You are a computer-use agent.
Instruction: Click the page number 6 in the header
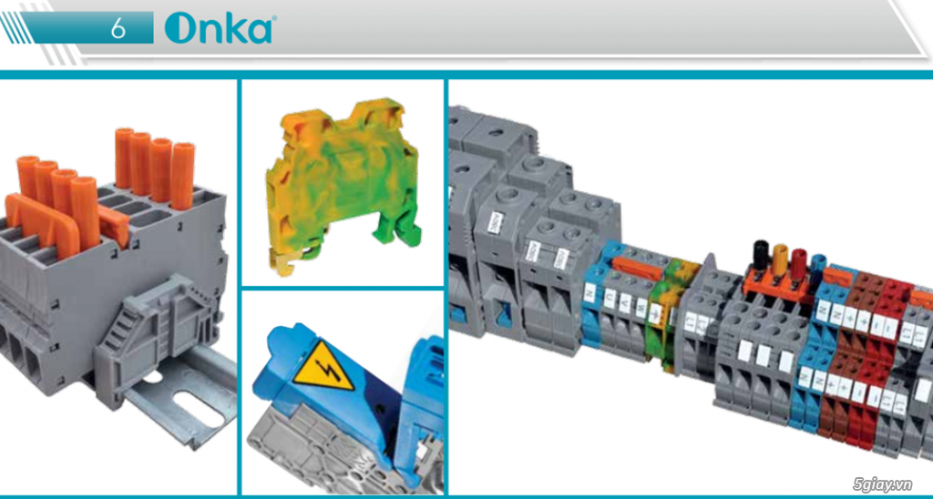pos(119,27)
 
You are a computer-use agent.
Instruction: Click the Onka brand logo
pos(219,28)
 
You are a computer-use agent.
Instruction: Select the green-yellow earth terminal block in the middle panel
pos(341,182)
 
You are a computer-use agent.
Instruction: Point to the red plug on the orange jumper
pos(799,263)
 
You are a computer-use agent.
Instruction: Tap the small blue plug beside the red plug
pos(818,264)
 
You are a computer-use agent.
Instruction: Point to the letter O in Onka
pos(179,29)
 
